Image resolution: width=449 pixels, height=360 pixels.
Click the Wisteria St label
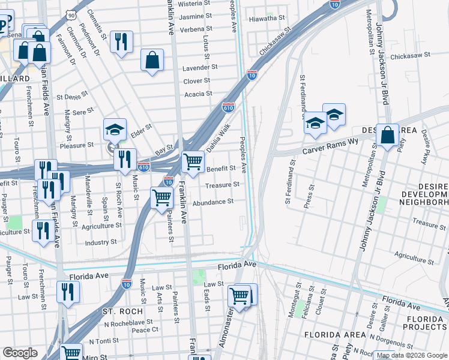click(x=199, y=3)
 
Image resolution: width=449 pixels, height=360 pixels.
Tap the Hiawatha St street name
click(x=267, y=19)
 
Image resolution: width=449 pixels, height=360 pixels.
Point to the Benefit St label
click(x=221, y=169)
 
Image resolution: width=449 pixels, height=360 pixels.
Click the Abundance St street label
click(x=212, y=202)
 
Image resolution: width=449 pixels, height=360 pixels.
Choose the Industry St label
click(x=100, y=242)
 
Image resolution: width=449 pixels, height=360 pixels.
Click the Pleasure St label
click(x=76, y=145)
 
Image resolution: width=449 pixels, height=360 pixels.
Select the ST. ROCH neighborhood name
click(x=122, y=311)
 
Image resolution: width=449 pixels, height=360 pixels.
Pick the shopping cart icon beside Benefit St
click(x=193, y=161)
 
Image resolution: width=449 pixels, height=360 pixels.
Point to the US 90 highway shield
click(x=71, y=14)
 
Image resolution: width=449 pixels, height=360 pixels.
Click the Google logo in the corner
click(x=20, y=353)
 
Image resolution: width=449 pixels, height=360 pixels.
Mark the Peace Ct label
click(x=145, y=329)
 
